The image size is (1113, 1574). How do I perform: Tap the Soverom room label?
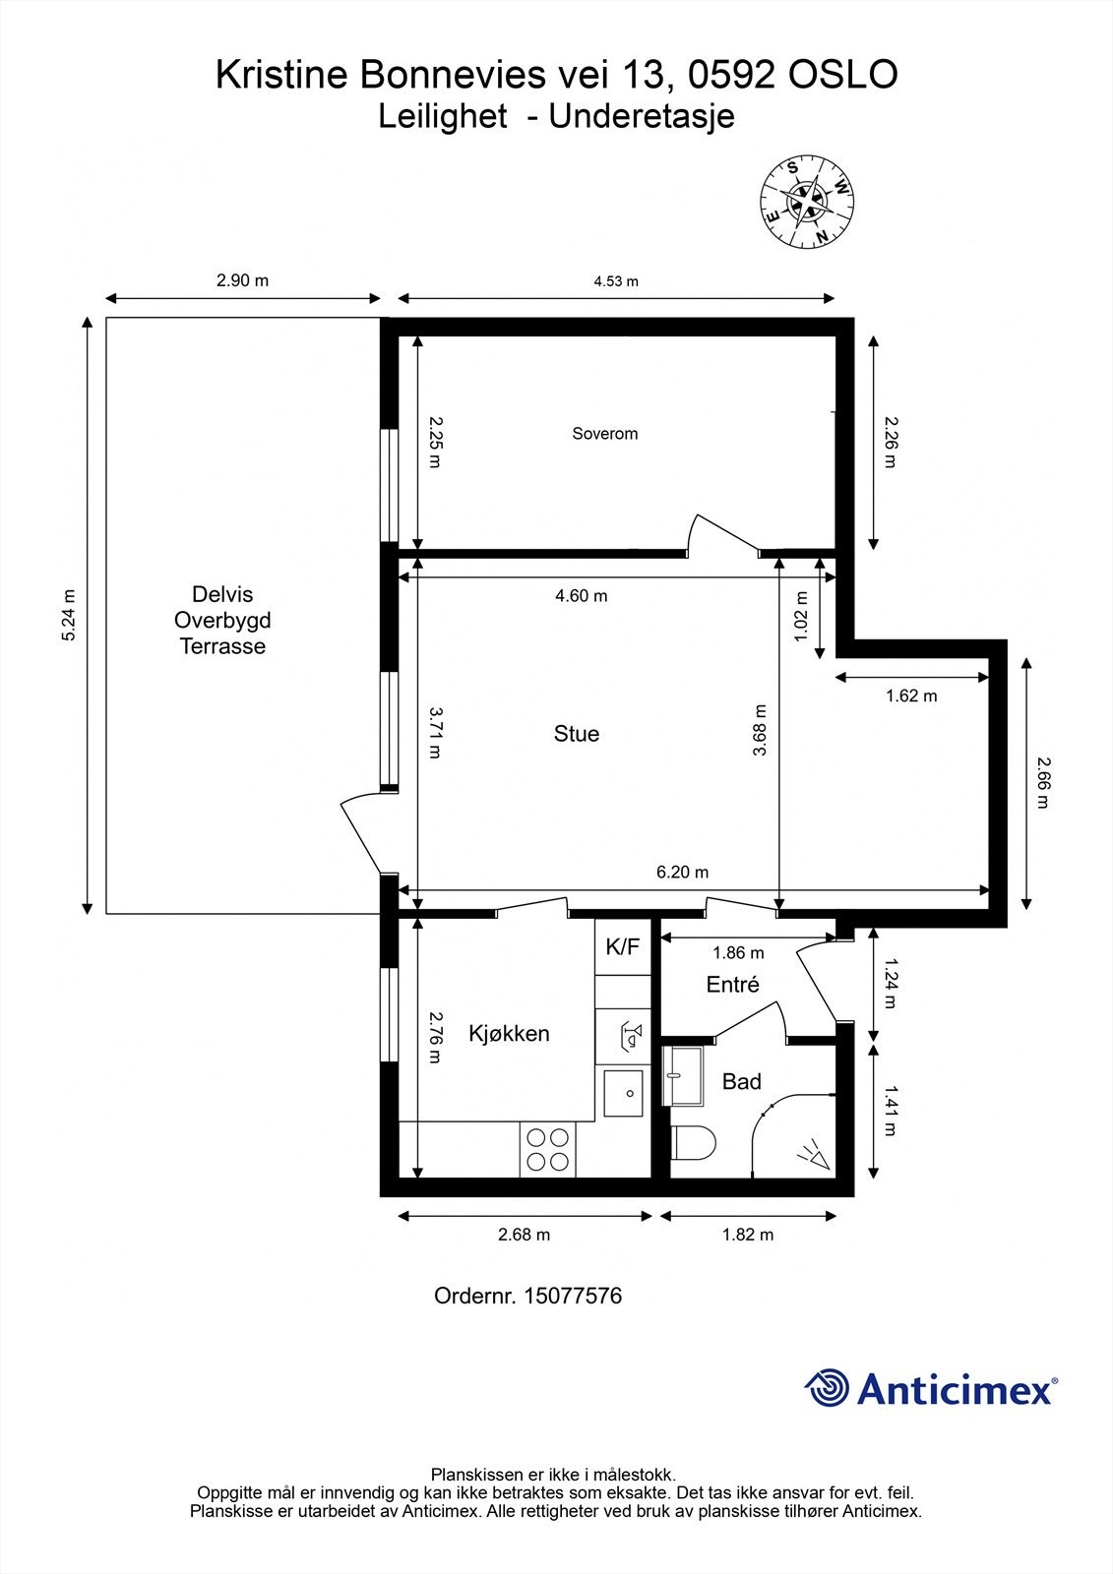[x=604, y=434]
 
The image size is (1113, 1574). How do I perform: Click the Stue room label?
[x=576, y=734]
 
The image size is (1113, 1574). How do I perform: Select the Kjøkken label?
[x=509, y=1034]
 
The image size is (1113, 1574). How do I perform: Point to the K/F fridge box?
[x=622, y=947]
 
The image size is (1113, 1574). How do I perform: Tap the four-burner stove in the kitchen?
[x=548, y=1149]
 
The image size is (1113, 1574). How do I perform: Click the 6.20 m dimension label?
[x=682, y=873]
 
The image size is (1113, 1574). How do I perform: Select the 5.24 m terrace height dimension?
[x=68, y=616]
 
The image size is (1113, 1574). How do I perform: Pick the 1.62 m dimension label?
[x=910, y=696]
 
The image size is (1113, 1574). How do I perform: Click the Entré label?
[x=732, y=985]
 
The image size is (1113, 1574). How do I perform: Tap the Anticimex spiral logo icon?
[x=827, y=1388]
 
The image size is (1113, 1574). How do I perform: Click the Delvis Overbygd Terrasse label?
[x=222, y=621]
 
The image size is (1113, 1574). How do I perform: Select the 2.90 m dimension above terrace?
[x=242, y=280]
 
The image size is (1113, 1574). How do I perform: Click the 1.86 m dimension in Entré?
[x=738, y=953]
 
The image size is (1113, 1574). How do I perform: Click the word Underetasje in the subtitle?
[x=642, y=116]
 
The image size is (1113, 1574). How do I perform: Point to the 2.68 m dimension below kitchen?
[x=524, y=1235]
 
